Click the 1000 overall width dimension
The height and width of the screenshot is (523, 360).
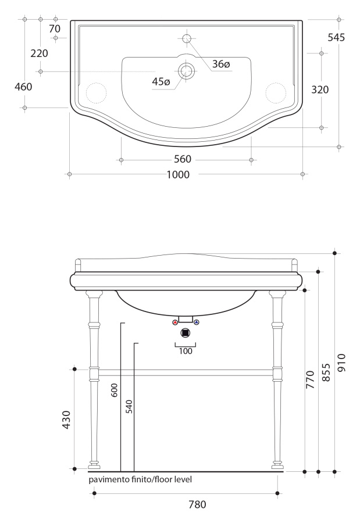[178, 174]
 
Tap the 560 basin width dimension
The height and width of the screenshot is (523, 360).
[183, 159]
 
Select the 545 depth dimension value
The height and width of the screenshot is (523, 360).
[336, 37]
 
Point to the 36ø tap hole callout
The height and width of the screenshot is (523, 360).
[221, 64]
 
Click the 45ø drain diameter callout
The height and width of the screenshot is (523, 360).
[161, 81]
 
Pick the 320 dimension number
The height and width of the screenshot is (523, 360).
[320, 89]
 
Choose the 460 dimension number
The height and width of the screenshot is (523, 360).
[23, 87]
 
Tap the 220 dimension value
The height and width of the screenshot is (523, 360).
[39, 53]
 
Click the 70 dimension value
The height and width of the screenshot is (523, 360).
[55, 29]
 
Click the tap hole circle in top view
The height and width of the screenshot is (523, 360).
[187, 38]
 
